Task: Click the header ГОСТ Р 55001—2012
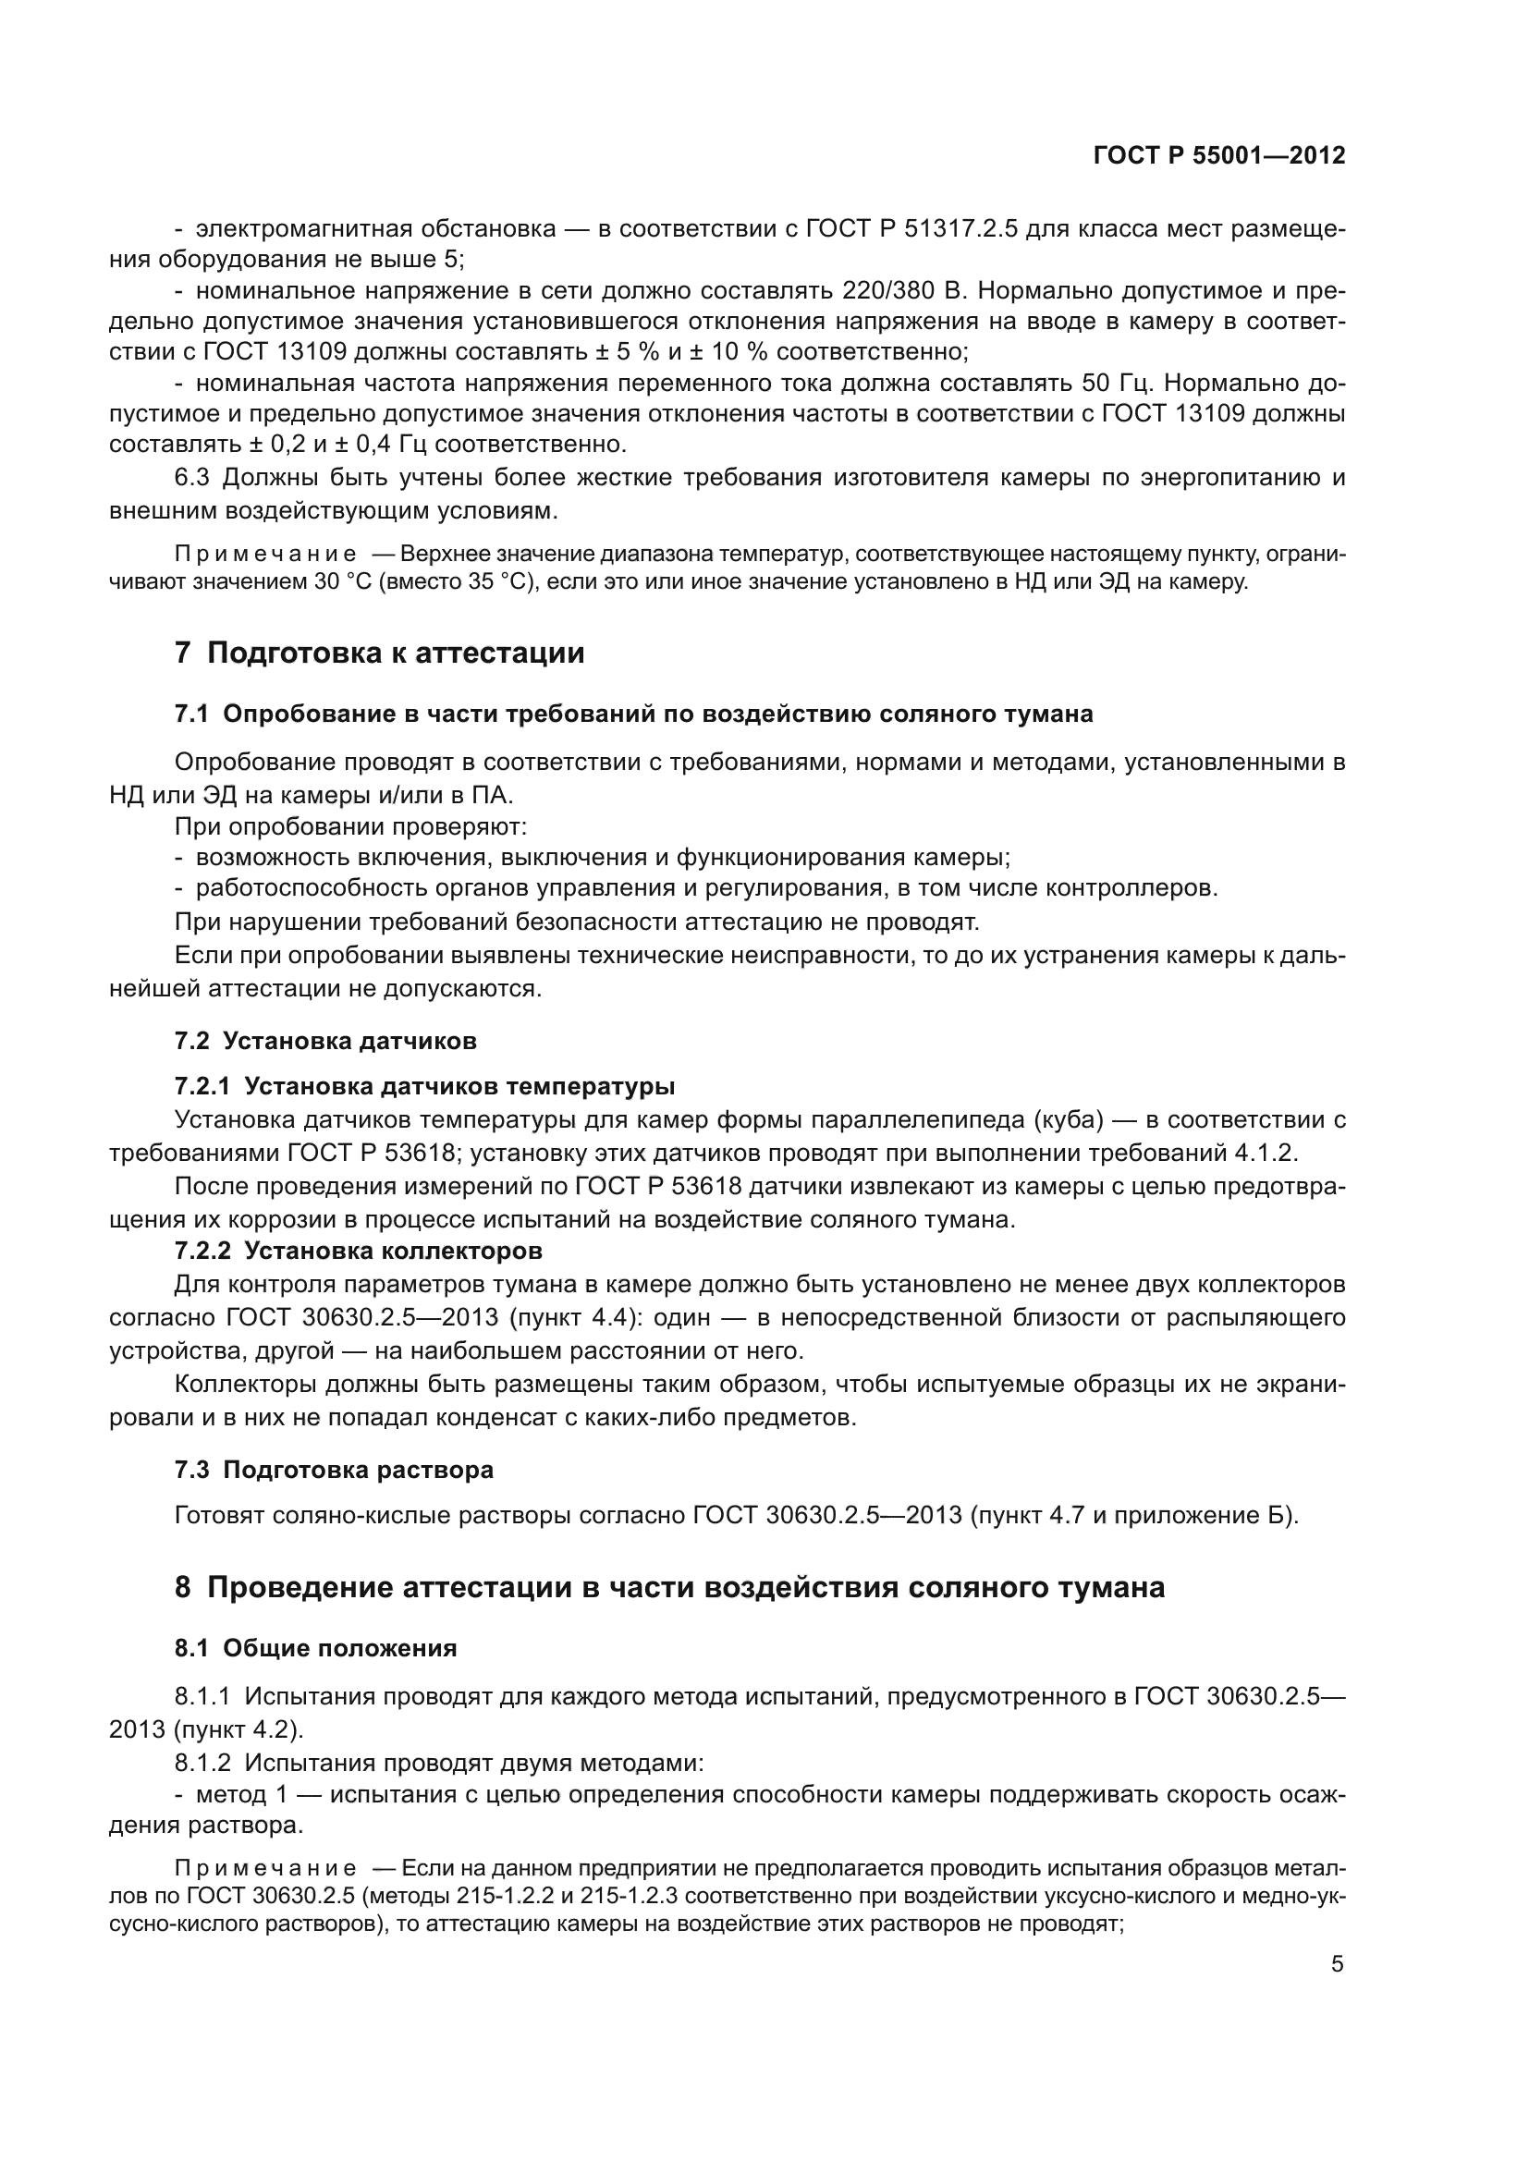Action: point(1218,156)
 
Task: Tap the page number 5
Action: point(1337,1964)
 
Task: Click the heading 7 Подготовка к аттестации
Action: point(379,653)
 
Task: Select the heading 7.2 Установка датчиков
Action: point(325,1041)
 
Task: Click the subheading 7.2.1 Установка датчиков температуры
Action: point(424,1086)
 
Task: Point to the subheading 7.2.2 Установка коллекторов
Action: point(358,1251)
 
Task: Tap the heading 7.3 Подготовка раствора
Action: point(335,1470)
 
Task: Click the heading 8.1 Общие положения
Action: point(315,1648)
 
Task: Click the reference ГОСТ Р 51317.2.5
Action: point(912,229)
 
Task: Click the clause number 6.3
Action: point(191,477)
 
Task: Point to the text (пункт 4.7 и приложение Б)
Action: point(1134,1515)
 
